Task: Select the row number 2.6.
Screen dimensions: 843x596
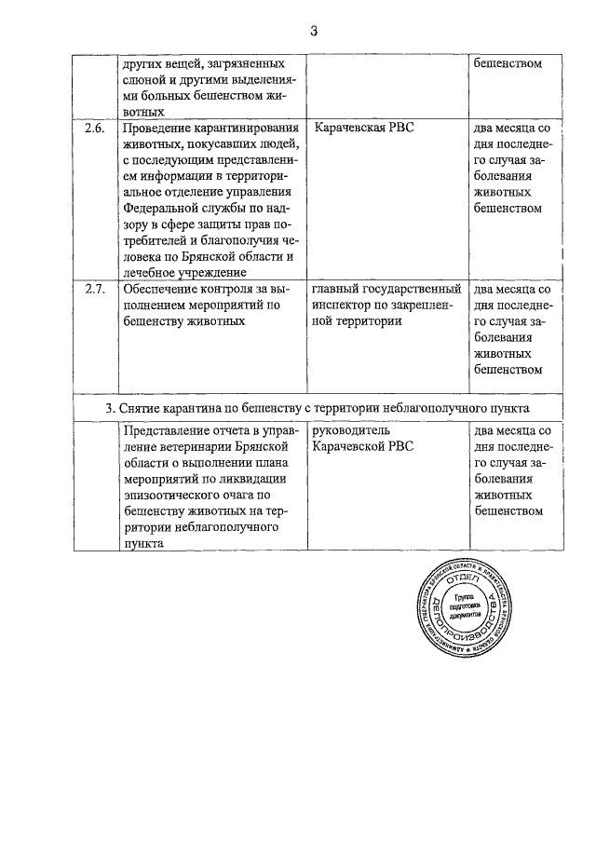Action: click(95, 128)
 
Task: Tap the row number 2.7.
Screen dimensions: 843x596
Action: click(95, 290)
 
